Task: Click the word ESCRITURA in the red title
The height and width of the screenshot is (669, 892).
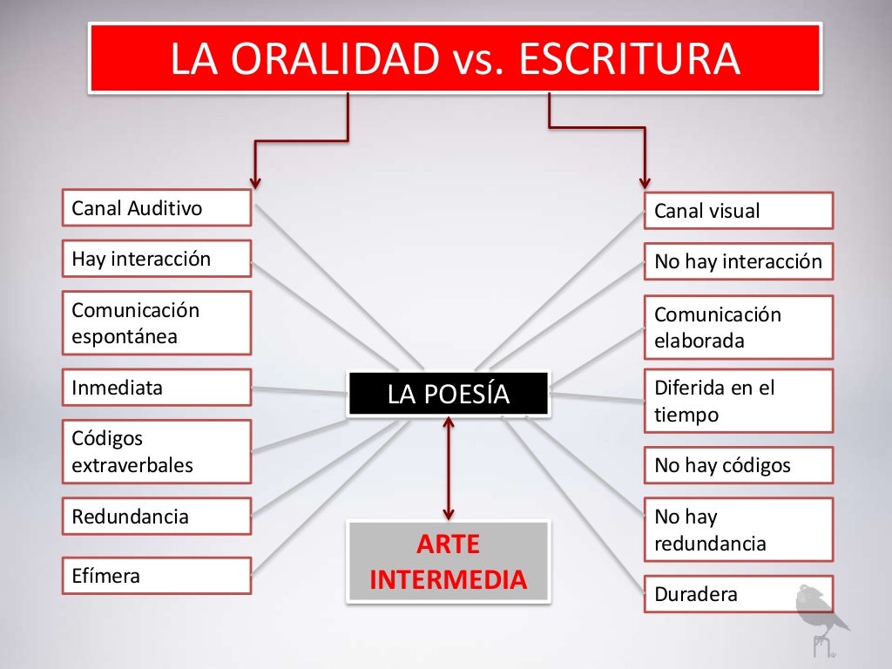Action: coord(628,58)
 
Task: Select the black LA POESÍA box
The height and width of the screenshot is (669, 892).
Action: coord(449,395)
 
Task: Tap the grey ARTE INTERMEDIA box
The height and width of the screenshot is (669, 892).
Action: coord(449,562)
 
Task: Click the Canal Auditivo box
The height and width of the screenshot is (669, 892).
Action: coord(157,209)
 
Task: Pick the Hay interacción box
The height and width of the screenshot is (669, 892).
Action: coord(157,259)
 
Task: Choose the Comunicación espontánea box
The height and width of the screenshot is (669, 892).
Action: coord(157,323)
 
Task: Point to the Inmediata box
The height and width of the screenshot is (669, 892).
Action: coord(157,388)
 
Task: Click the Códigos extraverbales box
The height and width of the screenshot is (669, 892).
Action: coord(157,451)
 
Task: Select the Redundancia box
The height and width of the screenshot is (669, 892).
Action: coord(157,516)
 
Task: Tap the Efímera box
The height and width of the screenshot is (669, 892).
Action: coord(157,576)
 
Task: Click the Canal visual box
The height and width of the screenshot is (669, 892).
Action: coord(739,211)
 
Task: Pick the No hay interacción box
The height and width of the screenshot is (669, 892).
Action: coord(739,261)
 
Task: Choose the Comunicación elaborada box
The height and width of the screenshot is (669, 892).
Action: coord(739,328)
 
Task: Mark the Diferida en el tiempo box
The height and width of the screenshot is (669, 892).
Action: coord(739,401)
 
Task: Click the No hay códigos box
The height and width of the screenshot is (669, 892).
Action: coord(739,465)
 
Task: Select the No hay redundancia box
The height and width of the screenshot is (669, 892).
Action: coord(739,530)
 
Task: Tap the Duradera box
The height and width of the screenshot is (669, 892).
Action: coord(739,594)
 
